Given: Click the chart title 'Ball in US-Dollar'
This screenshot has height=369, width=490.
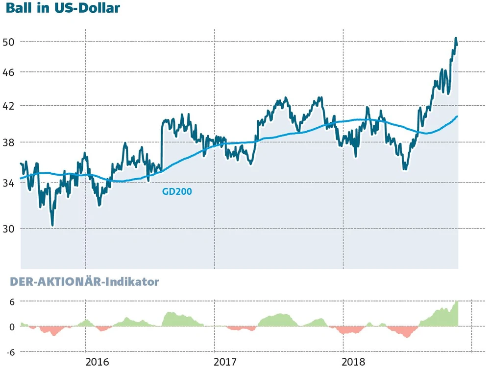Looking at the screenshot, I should (63, 8).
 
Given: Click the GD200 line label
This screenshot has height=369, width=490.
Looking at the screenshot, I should (177, 192).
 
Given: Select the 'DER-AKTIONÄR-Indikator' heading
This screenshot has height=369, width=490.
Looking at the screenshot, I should (82, 282).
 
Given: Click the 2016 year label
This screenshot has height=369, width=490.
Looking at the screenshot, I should (97, 363).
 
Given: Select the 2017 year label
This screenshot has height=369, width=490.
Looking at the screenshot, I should (226, 363).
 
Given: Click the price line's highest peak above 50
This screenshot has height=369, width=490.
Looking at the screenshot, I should (456, 38).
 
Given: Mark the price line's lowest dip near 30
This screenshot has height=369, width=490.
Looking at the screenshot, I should (52, 225).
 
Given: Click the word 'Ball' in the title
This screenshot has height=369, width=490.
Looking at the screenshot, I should (18, 8).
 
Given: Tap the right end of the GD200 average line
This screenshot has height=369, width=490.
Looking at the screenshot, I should (457, 116).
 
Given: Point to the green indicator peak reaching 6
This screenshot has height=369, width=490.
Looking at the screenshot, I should (457, 302).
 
